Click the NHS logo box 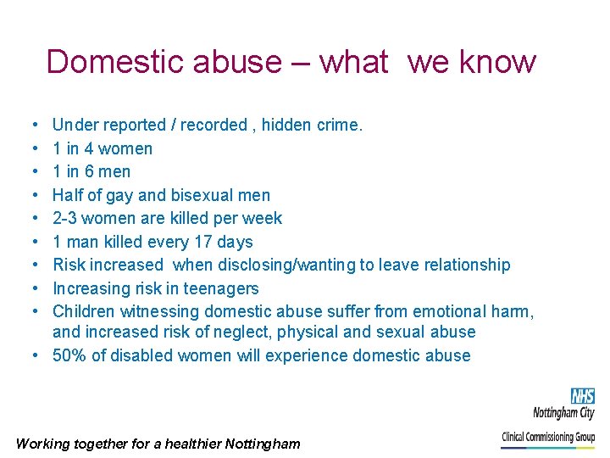pyautogui.click(x=582, y=396)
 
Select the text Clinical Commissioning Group pyautogui.click(x=548, y=437)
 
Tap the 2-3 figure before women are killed pyautogui.click(x=64, y=218)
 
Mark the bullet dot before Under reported pyautogui.click(x=30, y=126)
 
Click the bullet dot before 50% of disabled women pyautogui.click(x=40, y=355)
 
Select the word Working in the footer pyautogui.click(x=42, y=444)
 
